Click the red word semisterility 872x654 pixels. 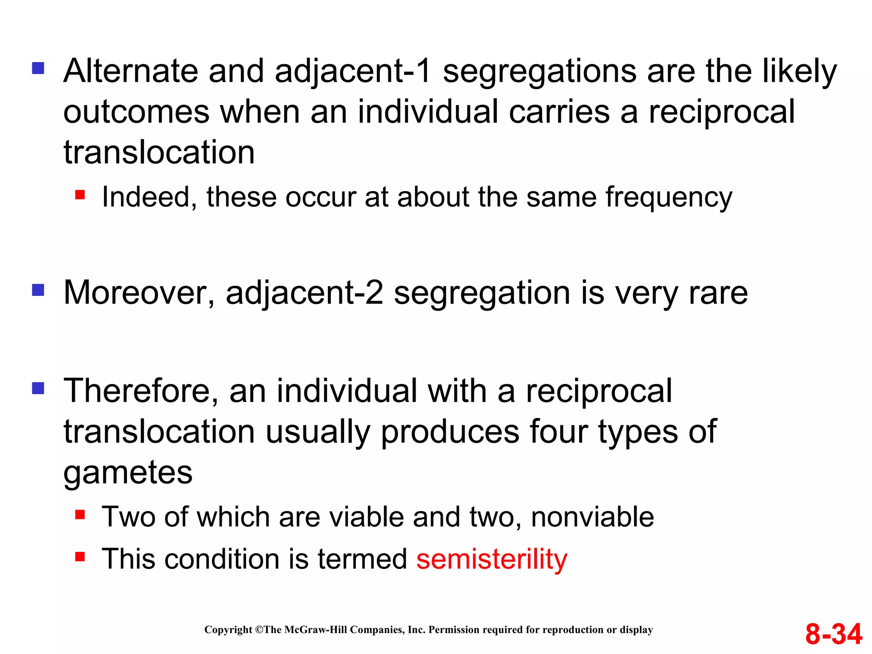click(492, 559)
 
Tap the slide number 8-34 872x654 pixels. click(833, 634)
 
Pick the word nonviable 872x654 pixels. click(592, 517)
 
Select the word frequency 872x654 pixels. click(669, 197)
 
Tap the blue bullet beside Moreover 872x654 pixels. click(38, 290)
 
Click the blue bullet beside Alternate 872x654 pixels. click(38, 68)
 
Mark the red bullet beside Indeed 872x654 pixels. click(80, 195)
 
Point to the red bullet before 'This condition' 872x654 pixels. click(80, 556)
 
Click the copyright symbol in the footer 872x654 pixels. click(259, 630)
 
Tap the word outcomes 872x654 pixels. click(136, 112)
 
